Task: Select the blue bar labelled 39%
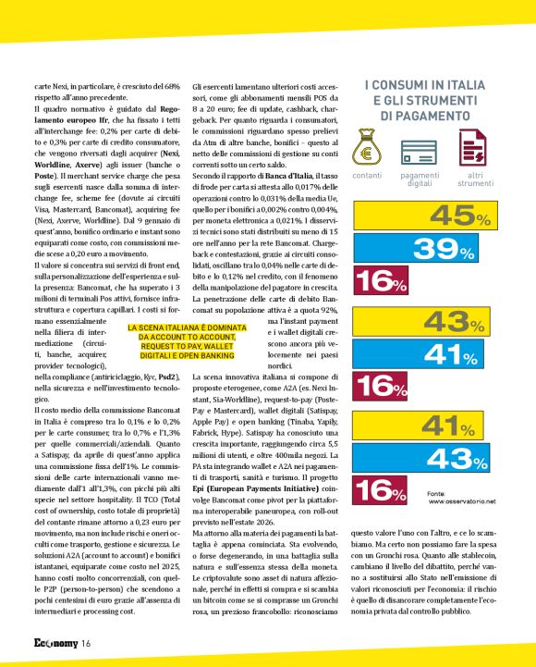(425, 248)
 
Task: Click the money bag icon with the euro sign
(367, 148)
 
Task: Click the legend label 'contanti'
(367, 175)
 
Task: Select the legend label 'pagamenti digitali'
(420, 179)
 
